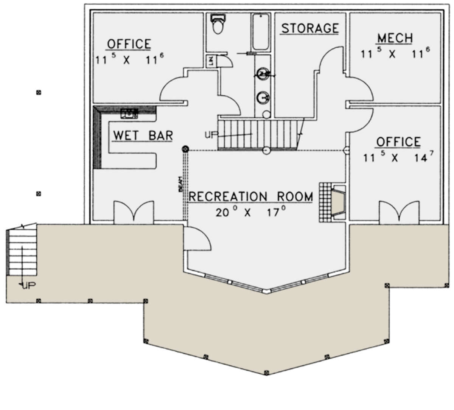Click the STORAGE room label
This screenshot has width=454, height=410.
(x=310, y=28)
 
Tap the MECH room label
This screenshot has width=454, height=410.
(x=395, y=38)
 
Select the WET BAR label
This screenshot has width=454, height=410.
(x=143, y=135)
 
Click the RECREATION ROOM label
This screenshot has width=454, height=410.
(x=251, y=197)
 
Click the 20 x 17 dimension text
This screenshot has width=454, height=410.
(x=250, y=212)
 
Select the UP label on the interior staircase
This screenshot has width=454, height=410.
(x=210, y=134)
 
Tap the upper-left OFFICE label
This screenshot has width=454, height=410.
(x=129, y=44)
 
